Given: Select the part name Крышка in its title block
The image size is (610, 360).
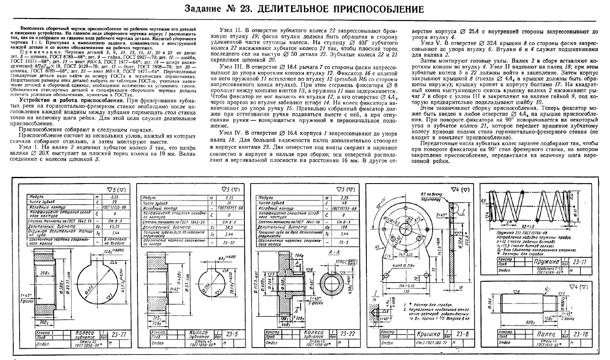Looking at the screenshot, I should pos(429,334).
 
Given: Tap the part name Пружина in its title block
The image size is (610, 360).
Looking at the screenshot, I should pos(547,263).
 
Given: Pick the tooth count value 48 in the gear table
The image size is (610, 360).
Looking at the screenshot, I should pos(344,203).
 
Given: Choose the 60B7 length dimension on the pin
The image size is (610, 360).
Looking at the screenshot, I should pos(529,322).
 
